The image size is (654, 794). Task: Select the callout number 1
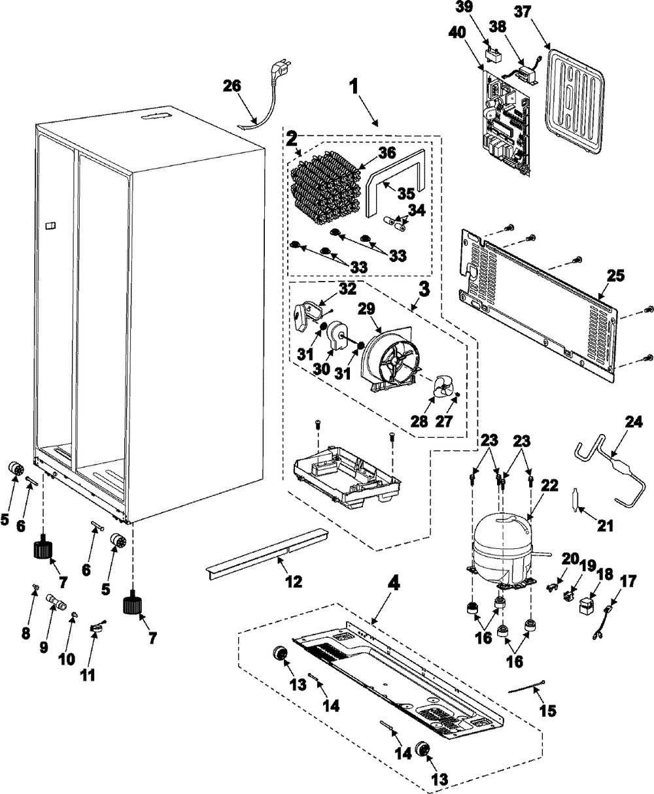(354, 86)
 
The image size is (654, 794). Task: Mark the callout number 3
(424, 289)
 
